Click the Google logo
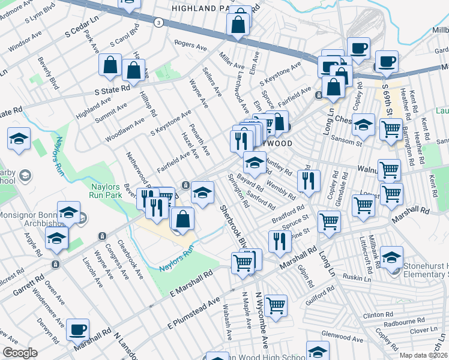click(20, 353)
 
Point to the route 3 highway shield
click(158, 22)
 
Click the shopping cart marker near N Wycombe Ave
click(276, 305)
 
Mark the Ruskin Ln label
click(357, 279)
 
